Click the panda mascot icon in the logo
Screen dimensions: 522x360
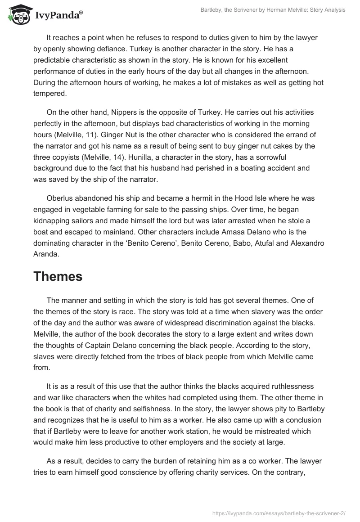point(17,15)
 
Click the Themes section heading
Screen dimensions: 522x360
point(58,277)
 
